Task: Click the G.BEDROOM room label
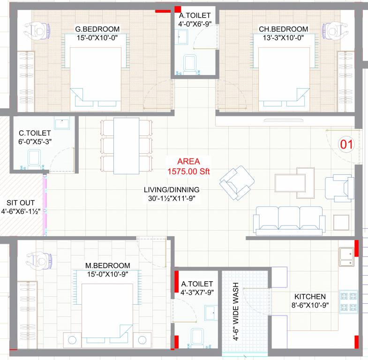pos(98,29)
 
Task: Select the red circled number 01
pos(345,144)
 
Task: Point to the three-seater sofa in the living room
pos(289,219)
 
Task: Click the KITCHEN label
pos(310,297)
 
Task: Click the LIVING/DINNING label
pos(172,190)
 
